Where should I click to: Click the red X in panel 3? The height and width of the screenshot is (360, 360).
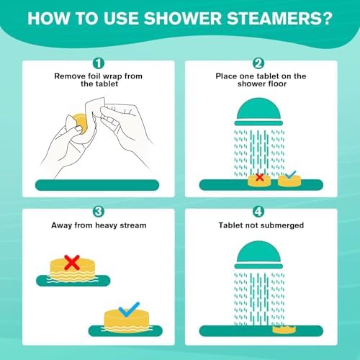coord(72,262)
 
